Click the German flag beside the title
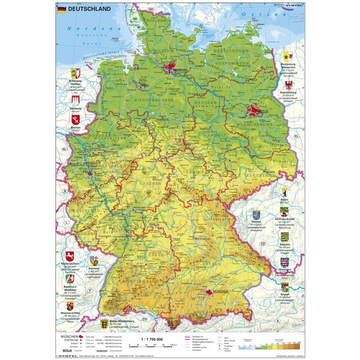click(61, 10)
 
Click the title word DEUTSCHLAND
click(87, 10)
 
